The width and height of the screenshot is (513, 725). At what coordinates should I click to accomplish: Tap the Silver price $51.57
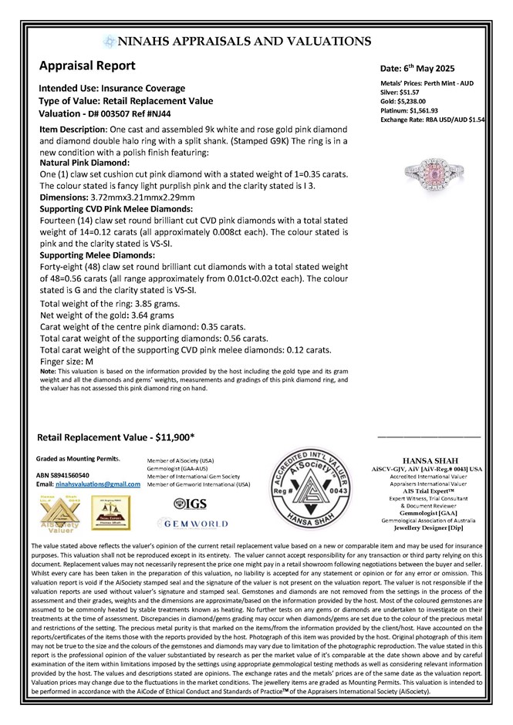[x=409, y=101]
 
